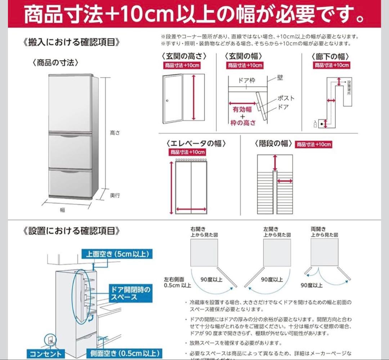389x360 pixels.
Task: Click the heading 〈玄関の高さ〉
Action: (185, 56)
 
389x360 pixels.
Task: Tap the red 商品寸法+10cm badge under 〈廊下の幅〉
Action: (332, 65)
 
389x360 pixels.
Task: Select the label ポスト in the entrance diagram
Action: (286, 98)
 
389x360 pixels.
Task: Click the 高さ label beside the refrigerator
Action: (115, 133)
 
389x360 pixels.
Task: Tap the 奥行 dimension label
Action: (115, 195)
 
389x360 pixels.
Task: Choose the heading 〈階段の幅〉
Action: (273, 143)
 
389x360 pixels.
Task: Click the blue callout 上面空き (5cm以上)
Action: (117, 254)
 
